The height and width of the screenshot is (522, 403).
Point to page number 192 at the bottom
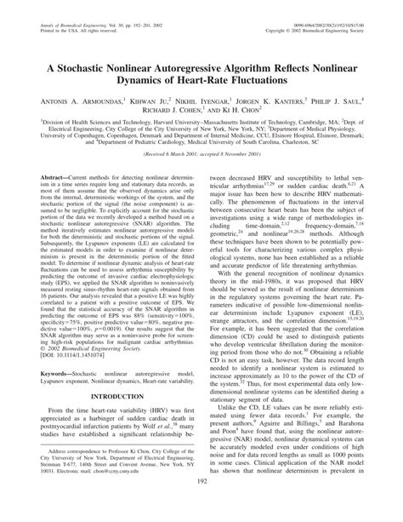[201, 507]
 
